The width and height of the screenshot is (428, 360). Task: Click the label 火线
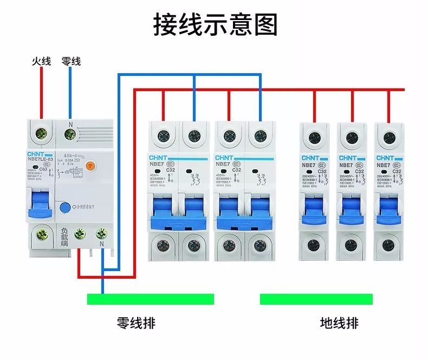[x=41, y=62]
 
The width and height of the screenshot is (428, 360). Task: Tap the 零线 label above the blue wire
[x=71, y=62]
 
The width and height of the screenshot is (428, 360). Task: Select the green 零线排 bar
[x=151, y=299]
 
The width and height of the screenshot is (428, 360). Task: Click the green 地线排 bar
[x=316, y=299]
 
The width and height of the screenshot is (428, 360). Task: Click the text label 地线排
[x=339, y=324]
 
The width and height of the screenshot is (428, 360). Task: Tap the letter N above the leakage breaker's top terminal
[x=70, y=124]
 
